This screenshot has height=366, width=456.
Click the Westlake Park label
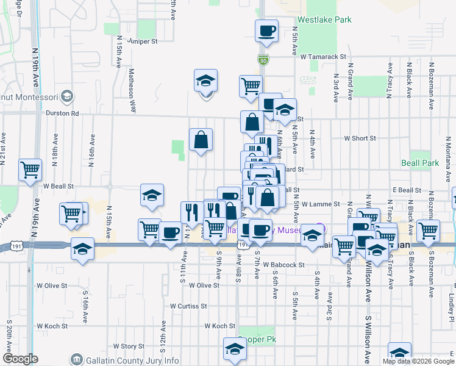(x=324, y=20)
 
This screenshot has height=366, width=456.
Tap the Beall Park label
(x=420, y=163)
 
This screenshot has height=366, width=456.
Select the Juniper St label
(x=143, y=41)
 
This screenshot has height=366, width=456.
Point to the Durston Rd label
(x=62, y=113)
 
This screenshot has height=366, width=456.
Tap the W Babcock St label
(x=284, y=265)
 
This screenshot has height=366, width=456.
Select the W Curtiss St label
(x=189, y=306)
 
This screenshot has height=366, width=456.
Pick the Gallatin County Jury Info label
(x=130, y=360)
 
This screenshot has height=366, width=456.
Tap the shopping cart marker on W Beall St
(x=30, y=171)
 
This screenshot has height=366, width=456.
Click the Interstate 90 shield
(x=262, y=60)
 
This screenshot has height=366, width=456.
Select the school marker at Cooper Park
(x=233, y=349)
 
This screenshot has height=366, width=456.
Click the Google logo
(x=20, y=359)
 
